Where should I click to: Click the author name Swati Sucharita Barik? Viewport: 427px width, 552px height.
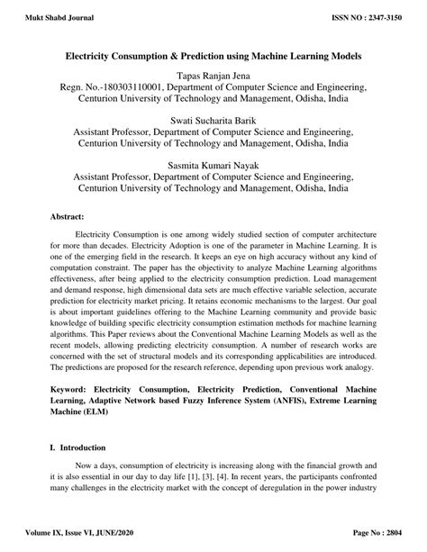(213, 121)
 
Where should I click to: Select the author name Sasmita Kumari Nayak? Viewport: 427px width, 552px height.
(213, 166)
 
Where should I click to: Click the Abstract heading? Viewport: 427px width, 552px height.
(68, 218)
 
